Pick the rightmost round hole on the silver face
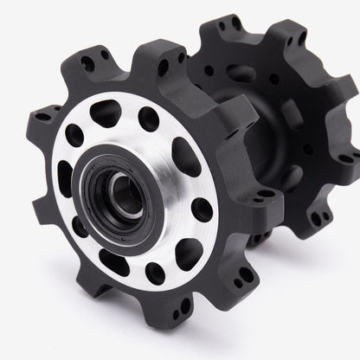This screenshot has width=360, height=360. pyautogui.click(x=202, y=207)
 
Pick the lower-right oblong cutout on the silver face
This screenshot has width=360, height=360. pyautogui.click(x=189, y=251)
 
